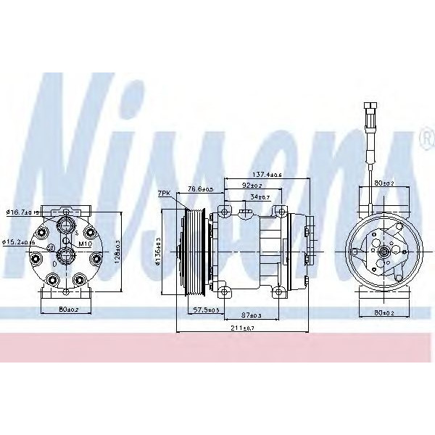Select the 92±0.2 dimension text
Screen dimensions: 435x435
click(252, 186)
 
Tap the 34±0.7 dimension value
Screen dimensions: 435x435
click(259, 196)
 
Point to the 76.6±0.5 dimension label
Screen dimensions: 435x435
click(200, 190)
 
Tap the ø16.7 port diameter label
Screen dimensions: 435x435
click(22, 212)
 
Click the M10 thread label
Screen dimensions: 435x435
click(84, 244)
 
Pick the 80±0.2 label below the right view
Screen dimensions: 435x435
click(385, 314)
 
